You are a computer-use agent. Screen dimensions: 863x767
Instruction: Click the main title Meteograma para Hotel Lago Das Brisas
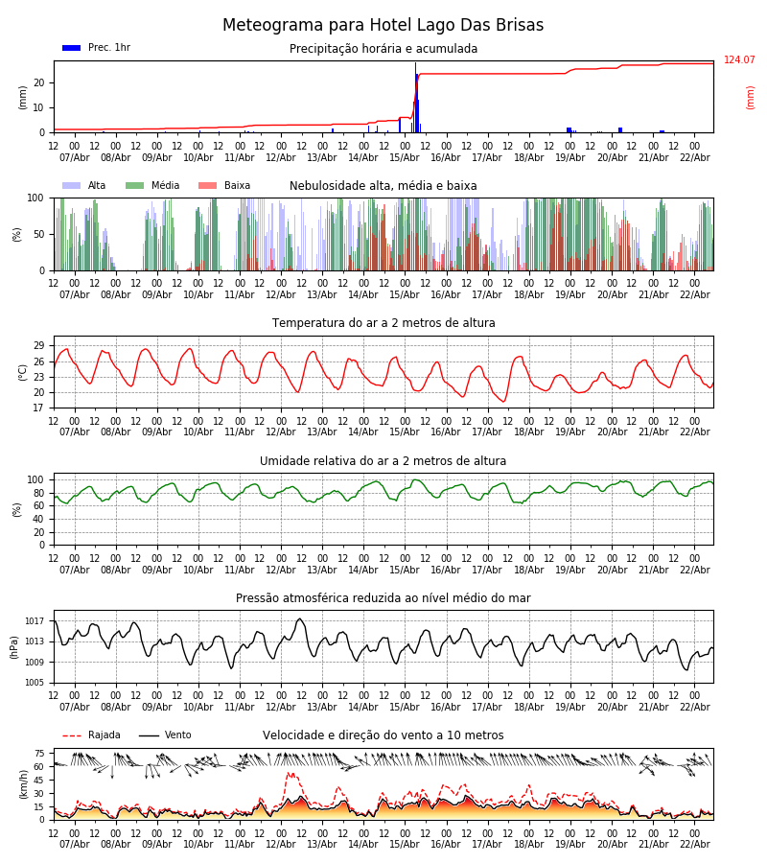(x=383, y=26)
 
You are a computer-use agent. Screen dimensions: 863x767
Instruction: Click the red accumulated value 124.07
(x=739, y=60)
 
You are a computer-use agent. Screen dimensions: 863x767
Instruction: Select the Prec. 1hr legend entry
(x=96, y=48)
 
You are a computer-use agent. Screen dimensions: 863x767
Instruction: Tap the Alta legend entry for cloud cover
(x=85, y=186)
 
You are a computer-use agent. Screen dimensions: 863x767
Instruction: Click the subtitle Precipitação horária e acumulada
(x=383, y=49)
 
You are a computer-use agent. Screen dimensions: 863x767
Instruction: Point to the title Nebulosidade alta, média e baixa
(x=383, y=186)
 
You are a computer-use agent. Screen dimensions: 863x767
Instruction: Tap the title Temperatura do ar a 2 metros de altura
(x=383, y=323)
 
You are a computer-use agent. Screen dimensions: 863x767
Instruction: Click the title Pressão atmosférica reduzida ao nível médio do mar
(x=383, y=598)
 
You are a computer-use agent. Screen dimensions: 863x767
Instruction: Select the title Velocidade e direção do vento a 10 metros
(x=383, y=735)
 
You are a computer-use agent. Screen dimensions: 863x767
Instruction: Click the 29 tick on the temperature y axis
(x=39, y=346)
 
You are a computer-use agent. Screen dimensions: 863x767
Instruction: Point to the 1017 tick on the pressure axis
(x=35, y=621)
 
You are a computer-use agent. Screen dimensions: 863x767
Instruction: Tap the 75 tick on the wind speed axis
(x=39, y=754)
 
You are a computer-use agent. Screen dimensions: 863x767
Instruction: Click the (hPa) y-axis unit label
(x=13, y=646)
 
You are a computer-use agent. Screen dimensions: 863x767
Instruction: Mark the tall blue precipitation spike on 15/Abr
(x=415, y=96)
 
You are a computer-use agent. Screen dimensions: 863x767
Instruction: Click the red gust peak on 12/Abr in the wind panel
(x=290, y=775)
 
